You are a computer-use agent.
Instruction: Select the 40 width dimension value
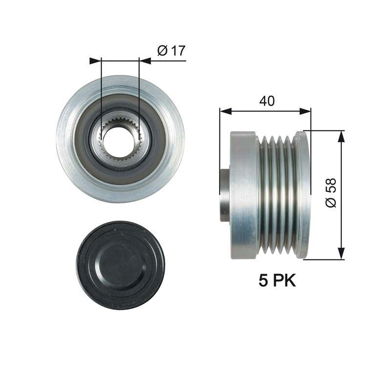coord(266,101)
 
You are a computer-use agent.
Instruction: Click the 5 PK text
coord(277,280)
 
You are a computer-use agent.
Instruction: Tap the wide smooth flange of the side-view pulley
coord(244,195)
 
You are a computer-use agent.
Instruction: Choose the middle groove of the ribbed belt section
coord(280,195)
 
